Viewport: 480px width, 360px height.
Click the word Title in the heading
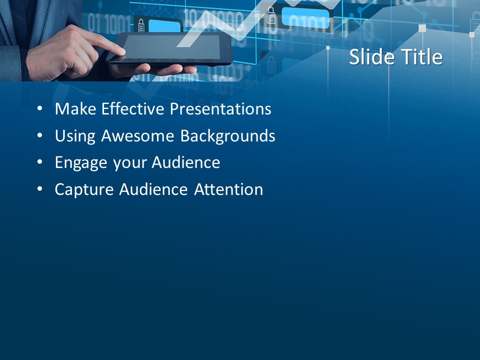[419, 57]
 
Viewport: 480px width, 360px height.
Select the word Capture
[84, 190]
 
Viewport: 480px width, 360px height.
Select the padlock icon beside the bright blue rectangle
[270, 16]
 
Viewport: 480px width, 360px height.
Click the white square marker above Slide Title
[422, 28]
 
